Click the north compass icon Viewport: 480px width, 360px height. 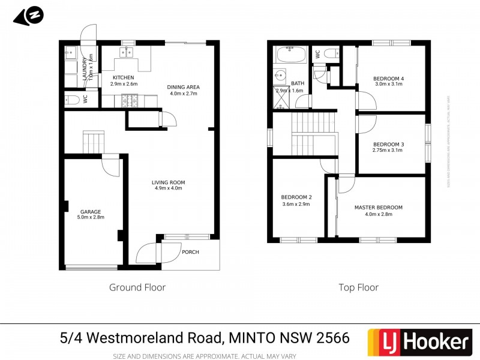click(x=29, y=16)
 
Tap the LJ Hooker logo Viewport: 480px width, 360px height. click(x=418, y=342)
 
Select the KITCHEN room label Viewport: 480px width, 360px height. click(x=123, y=78)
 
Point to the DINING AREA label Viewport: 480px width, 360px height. click(x=184, y=87)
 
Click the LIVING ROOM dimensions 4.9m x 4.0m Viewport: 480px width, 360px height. click(x=168, y=188)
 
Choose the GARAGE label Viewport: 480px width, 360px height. click(x=91, y=211)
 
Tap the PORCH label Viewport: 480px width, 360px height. click(x=190, y=252)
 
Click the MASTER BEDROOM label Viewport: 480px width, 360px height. click(x=378, y=208)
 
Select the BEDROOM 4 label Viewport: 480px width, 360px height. click(x=388, y=79)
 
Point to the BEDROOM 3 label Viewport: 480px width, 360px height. click(x=388, y=144)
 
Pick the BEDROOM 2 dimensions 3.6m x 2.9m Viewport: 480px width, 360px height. click(x=296, y=204)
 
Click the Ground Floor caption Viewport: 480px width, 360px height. click(x=137, y=287)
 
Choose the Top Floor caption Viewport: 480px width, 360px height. click(x=358, y=287)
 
